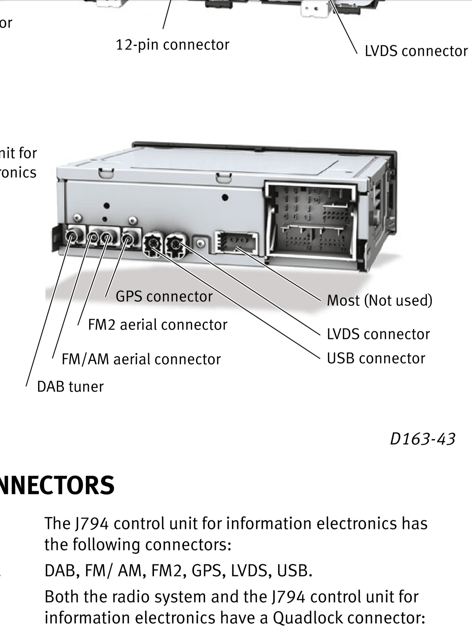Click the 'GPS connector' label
click(x=164, y=297)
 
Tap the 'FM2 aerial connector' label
click(x=158, y=325)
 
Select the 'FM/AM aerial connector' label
click(x=141, y=359)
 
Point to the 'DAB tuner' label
click(x=70, y=387)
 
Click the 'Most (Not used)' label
click(x=380, y=301)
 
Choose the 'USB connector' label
click(x=376, y=358)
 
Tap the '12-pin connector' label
click(x=172, y=45)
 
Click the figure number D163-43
click(x=422, y=439)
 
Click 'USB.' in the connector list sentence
click(x=294, y=571)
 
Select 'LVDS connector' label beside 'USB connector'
click(x=378, y=334)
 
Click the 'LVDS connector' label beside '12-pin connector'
click(x=416, y=51)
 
